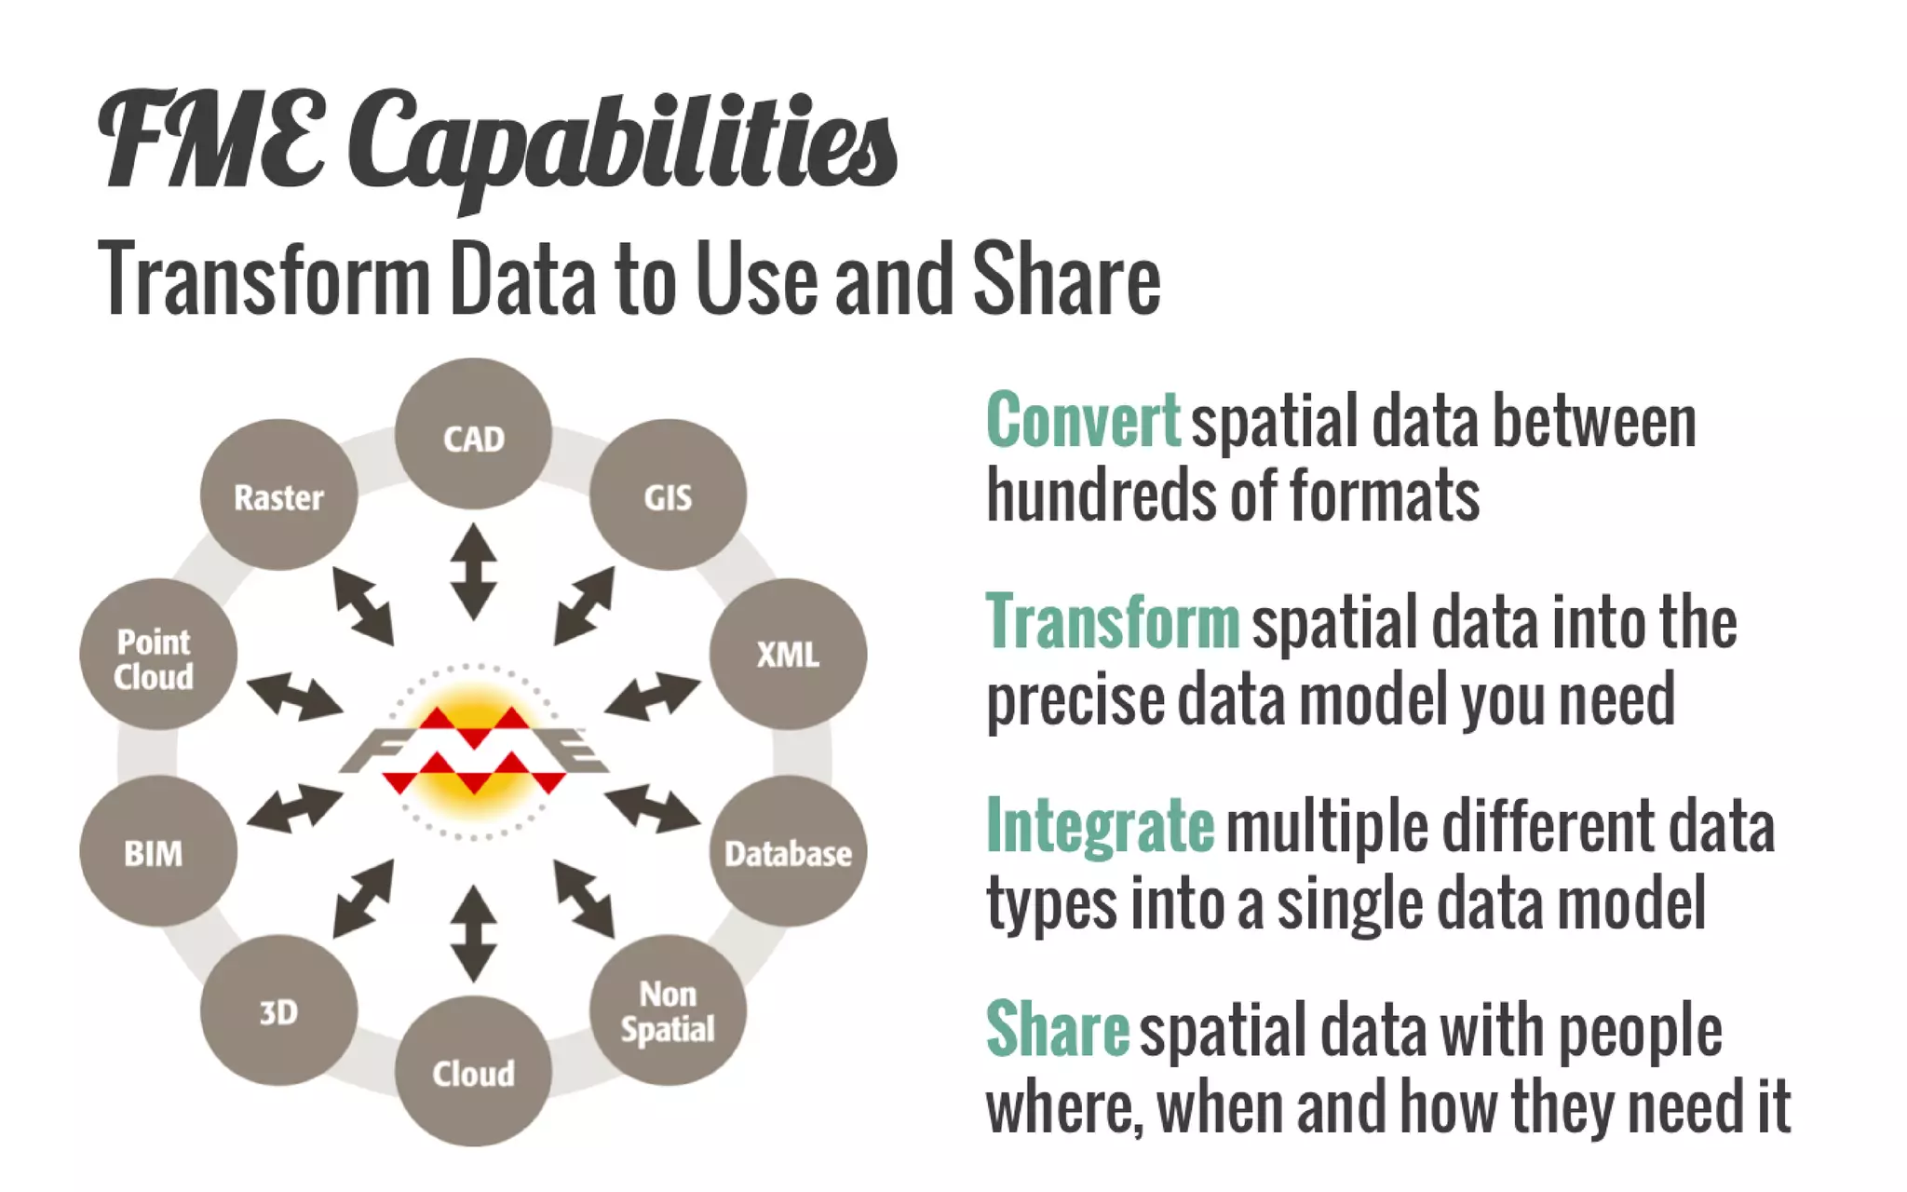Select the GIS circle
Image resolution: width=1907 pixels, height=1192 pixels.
tap(668, 494)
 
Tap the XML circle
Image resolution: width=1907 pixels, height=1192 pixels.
tap(788, 654)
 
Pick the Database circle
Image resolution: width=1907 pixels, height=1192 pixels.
tap(788, 851)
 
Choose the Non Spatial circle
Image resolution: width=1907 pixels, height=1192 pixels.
tap(668, 1010)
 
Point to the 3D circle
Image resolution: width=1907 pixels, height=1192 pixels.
tap(278, 1010)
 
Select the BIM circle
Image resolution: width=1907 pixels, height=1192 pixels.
tap(157, 851)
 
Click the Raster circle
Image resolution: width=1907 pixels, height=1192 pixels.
tap(278, 494)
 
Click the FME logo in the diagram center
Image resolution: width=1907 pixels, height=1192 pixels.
tap(473, 752)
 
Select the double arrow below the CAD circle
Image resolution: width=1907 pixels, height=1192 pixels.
tap(473, 572)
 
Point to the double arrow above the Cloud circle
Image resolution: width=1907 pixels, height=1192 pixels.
tap(473, 933)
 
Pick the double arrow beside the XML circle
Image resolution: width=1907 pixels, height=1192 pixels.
tap(652, 697)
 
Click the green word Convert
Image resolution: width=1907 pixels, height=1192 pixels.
tap(1083, 421)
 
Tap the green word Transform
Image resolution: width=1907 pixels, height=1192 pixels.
tap(1113, 622)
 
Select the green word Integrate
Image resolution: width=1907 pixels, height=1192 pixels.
tap(1100, 826)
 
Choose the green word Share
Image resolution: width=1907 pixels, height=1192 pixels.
tap(1057, 1029)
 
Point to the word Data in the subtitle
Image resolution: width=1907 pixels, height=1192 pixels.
tap(522, 279)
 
